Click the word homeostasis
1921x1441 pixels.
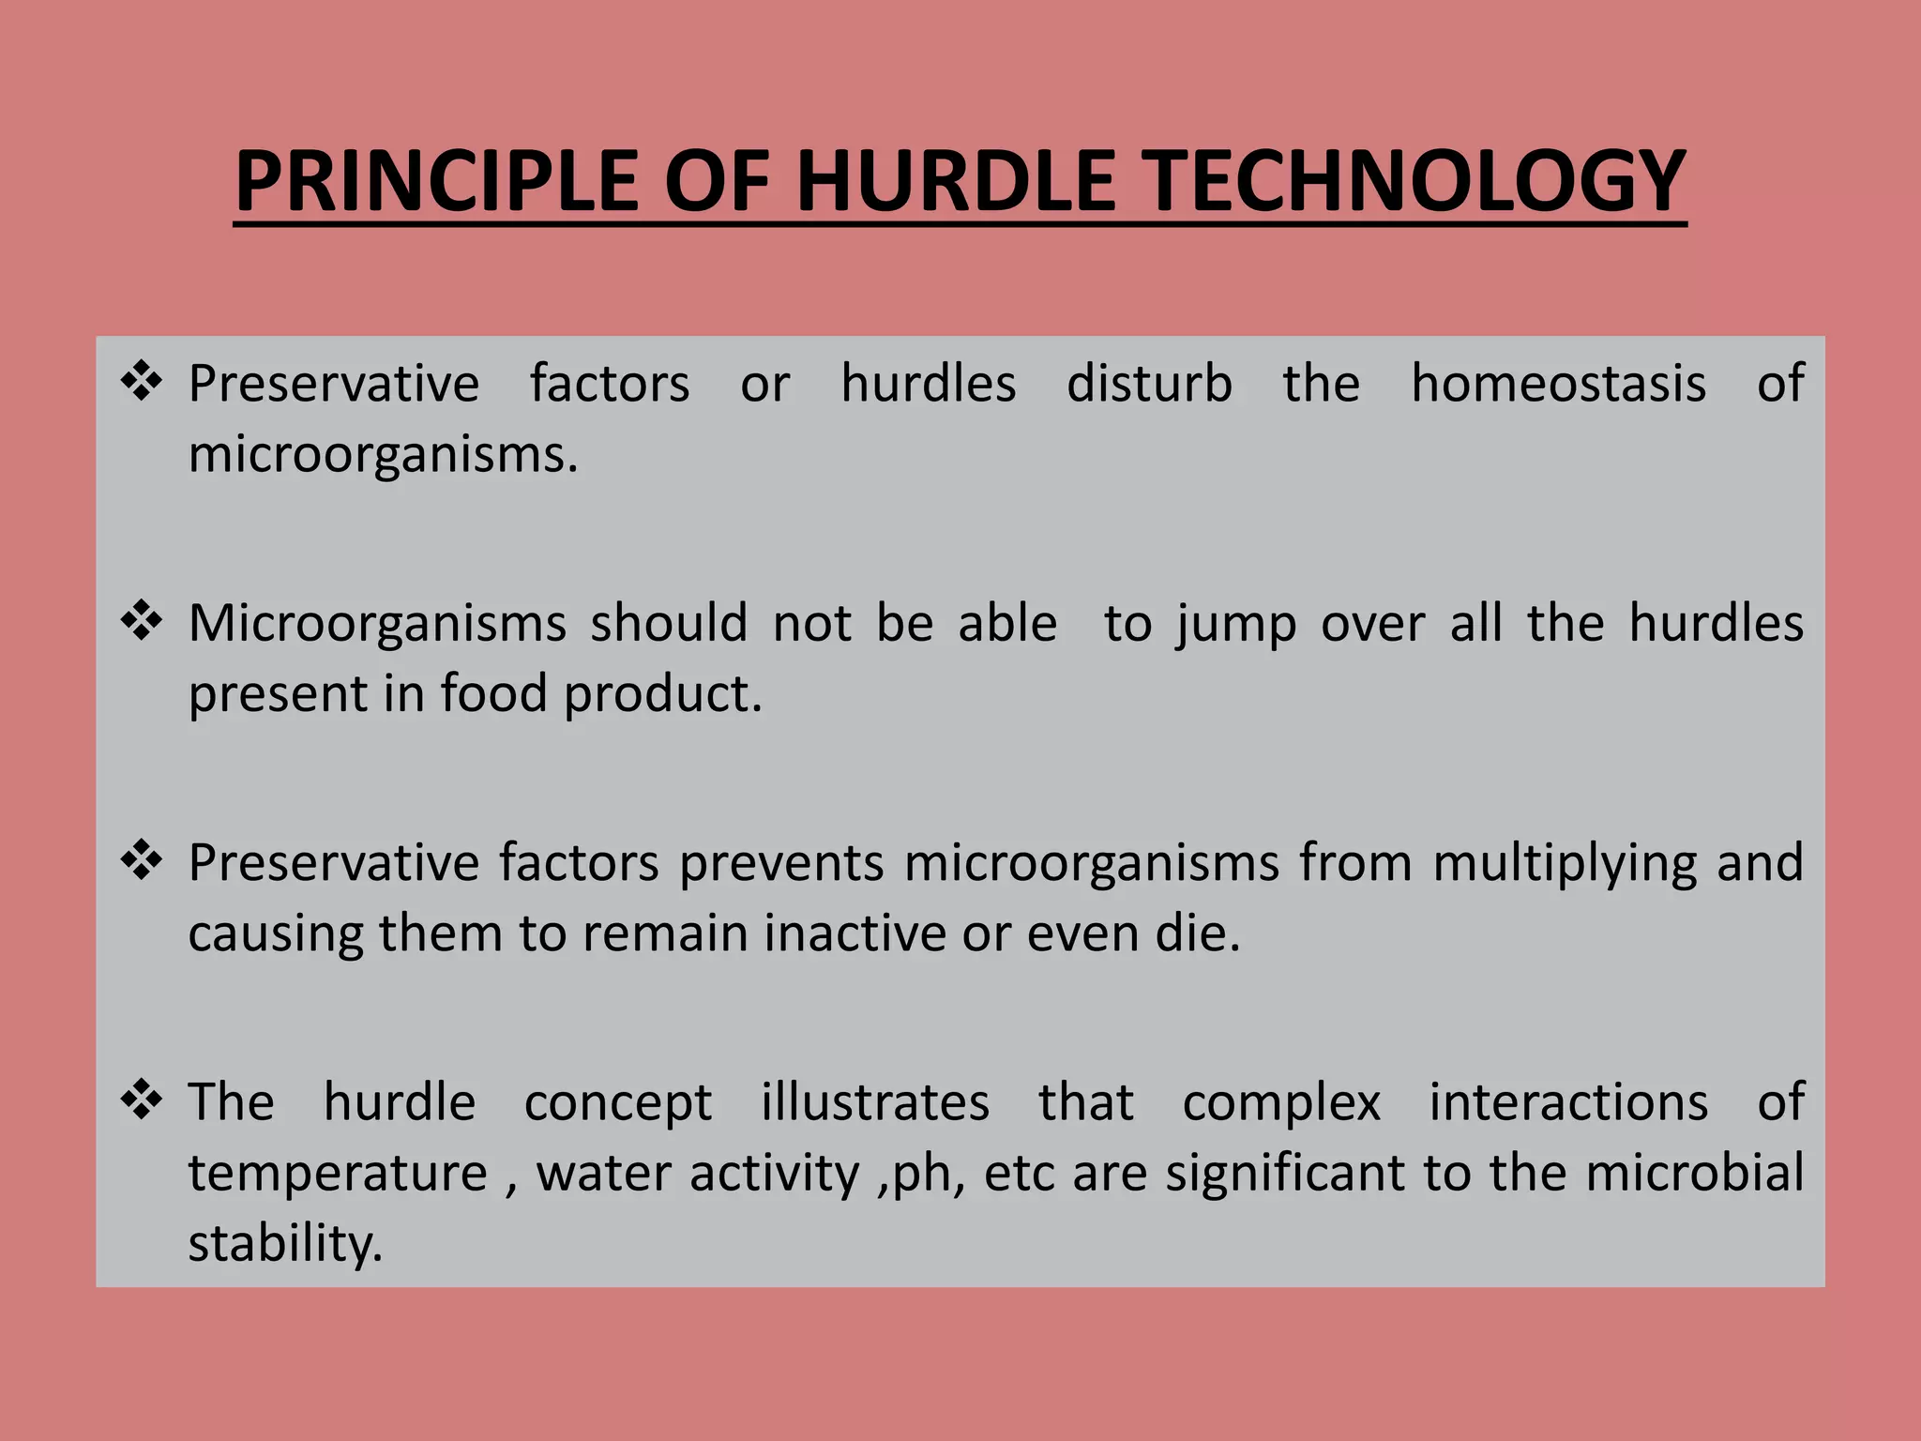coord(1558,384)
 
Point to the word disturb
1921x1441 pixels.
coord(1149,384)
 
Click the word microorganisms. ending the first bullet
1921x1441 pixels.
coord(383,455)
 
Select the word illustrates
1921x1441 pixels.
coord(874,1102)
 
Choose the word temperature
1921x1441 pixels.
coord(338,1174)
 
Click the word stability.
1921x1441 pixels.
coord(285,1245)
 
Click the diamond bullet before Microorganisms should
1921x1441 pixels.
coord(142,621)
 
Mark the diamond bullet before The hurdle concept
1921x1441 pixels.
coord(142,1100)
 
